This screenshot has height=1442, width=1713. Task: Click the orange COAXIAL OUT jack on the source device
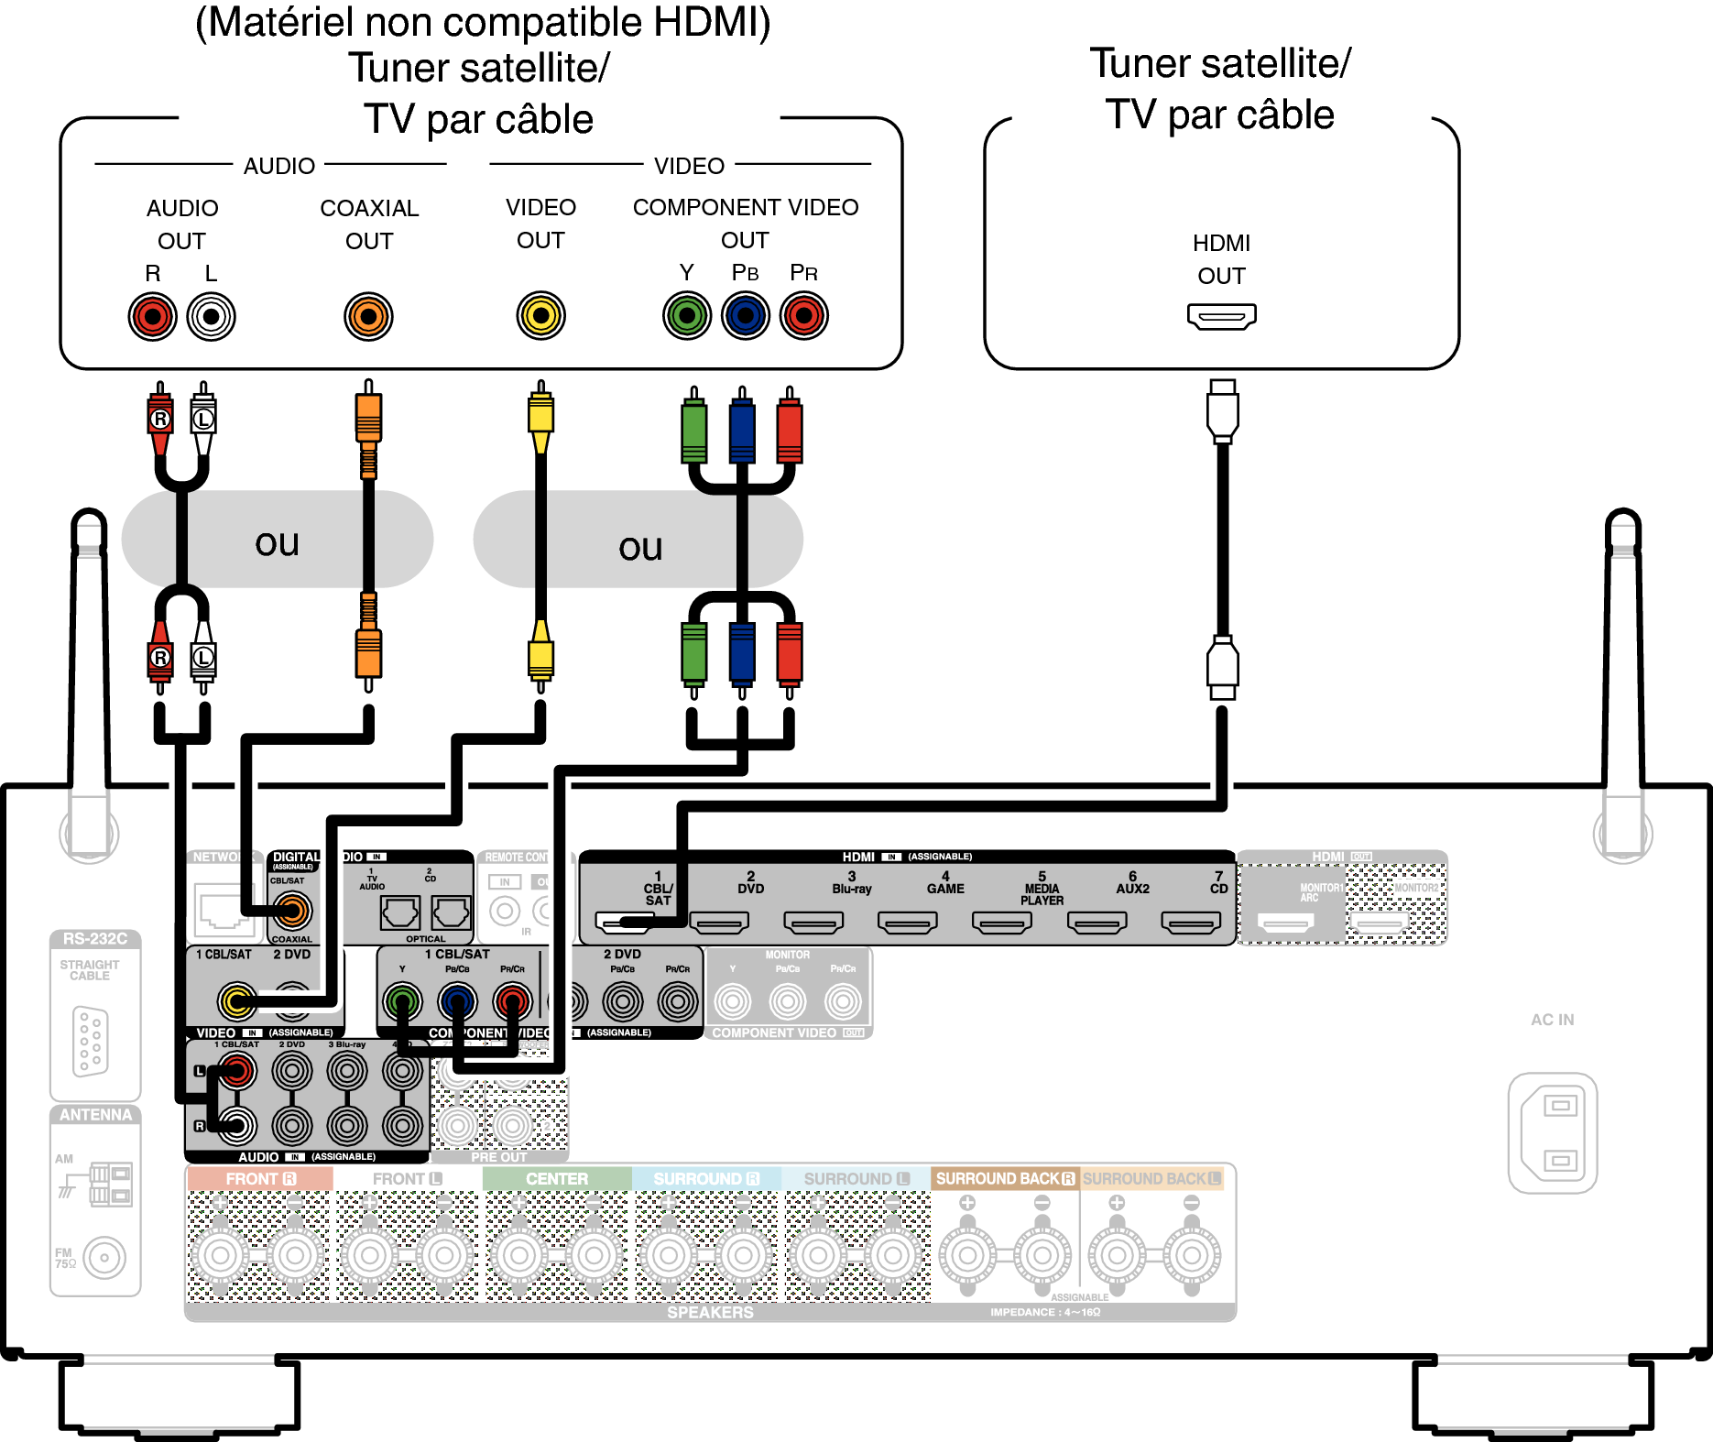(x=368, y=317)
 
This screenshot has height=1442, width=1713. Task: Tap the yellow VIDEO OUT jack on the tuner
(x=540, y=316)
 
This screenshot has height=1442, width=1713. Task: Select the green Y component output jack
(x=686, y=316)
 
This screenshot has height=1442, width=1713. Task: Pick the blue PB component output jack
(x=745, y=316)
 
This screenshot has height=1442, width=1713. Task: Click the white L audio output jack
(x=211, y=317)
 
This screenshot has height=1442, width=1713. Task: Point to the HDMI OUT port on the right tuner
(x=1221, y=317)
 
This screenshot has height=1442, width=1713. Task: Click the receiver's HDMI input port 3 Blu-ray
(x=813, y=922)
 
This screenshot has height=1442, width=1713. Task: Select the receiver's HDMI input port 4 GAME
(x=907, y=922)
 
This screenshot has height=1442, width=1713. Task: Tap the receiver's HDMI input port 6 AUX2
(x=1097, y=922)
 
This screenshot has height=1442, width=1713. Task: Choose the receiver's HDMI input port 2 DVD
(x=719, y=922)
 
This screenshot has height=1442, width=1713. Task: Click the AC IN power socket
(x=1553, y=1133)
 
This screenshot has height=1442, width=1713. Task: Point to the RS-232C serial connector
(x=90, y=1040)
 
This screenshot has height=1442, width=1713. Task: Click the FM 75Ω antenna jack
(x=104, y=1258)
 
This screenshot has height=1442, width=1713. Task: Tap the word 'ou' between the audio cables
(x=277, y=542)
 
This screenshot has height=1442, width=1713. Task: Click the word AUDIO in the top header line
(x=278, y=166)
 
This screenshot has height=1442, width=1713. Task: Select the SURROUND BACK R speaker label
(x=1005, y=1179)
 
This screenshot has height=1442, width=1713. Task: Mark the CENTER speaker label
(x=557, y=1179)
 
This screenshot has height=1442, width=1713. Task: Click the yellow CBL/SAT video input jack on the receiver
(x=236, y=1001)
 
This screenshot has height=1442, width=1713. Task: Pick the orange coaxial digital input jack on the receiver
(x=292, y=911)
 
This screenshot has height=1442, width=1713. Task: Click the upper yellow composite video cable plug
(x=540, y=418)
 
